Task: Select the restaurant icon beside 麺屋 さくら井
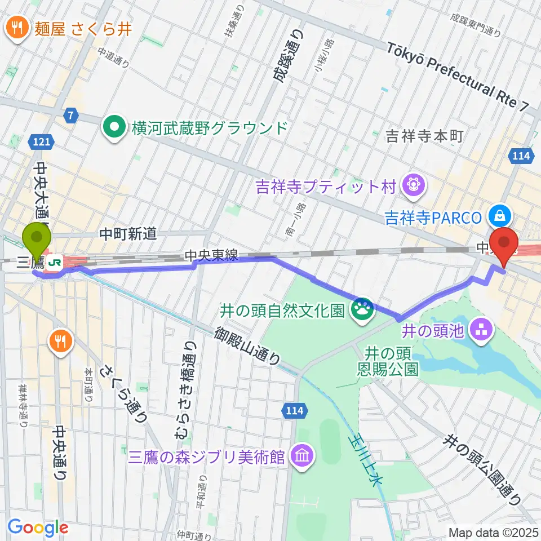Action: click(x=18, y=28)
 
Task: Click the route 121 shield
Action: click(x=41, y=143)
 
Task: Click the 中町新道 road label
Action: click(x=128, y=233)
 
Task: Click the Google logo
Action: click(x=38, y=527)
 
